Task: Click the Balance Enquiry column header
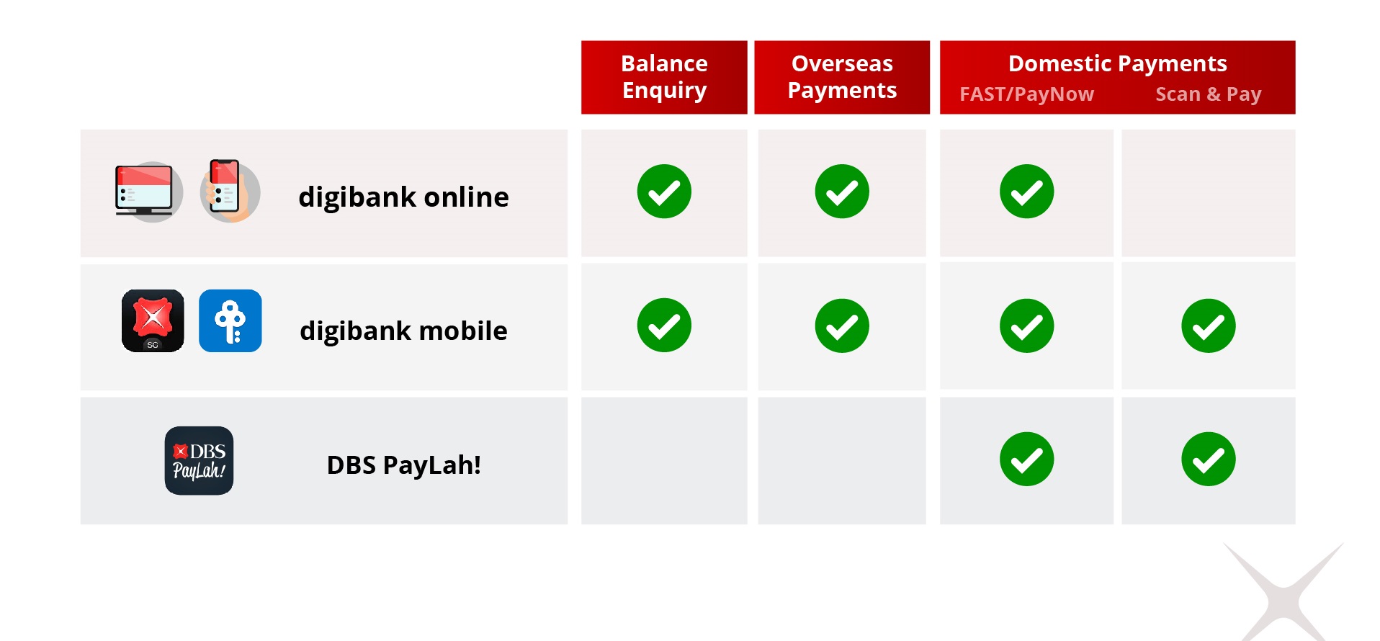click(664, 77)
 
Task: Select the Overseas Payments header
click(842, 77)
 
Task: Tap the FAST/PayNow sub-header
click(1026, 94)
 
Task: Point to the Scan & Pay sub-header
click(1208, 94)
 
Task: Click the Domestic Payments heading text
click(1117, 63)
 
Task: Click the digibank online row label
click(403, 197)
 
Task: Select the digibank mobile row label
click(403, 331)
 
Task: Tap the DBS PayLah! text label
click(403, 465)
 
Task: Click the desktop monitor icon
click(145, 192)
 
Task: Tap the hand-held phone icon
click(228, 192)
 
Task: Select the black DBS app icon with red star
click(153, 320)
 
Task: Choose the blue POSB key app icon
click(230, 320)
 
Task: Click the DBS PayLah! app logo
click(199, 461)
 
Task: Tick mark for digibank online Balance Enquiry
click(664, 192)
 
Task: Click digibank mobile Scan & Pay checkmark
click(1208, 326)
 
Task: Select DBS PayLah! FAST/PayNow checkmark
click(1026, 460)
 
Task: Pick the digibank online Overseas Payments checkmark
click(842, 192)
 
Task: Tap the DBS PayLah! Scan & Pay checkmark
click(1208, 460)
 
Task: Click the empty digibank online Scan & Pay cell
click(1208, 193)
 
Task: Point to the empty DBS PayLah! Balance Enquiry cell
click(664, 461)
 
